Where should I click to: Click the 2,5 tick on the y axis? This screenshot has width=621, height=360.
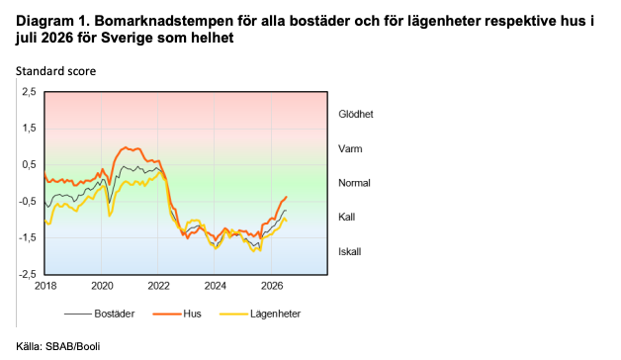(29, 92)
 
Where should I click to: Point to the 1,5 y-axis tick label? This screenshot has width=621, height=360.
(29, 129)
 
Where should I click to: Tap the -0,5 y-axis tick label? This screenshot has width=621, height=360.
(28, 201)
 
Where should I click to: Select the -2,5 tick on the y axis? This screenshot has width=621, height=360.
(28, 274)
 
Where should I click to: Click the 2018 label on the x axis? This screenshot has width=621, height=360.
(45, 286)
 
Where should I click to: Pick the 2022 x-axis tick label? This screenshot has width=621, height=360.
(159, 286)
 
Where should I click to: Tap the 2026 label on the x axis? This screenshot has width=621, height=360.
(272, 286)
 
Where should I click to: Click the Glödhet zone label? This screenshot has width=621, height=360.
(356, 114)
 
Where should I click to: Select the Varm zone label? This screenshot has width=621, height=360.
(350, 149)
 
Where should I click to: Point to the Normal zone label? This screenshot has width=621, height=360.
(354, 183)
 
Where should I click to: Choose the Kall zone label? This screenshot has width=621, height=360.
(346, 217)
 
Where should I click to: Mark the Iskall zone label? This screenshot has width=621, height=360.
(350, 252)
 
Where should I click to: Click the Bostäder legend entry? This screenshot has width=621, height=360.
(100, 314)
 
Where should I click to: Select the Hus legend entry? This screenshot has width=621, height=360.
(177, 314)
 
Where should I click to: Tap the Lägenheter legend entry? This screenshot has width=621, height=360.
(260, 314)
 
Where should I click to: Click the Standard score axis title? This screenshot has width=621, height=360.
(55, 71)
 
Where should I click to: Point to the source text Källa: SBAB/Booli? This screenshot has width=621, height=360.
(57, 346)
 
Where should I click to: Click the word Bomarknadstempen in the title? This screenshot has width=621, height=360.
(164, 21)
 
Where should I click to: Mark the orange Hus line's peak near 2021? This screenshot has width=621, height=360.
(126, 147)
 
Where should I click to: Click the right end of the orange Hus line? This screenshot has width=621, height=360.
(287, 197)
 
